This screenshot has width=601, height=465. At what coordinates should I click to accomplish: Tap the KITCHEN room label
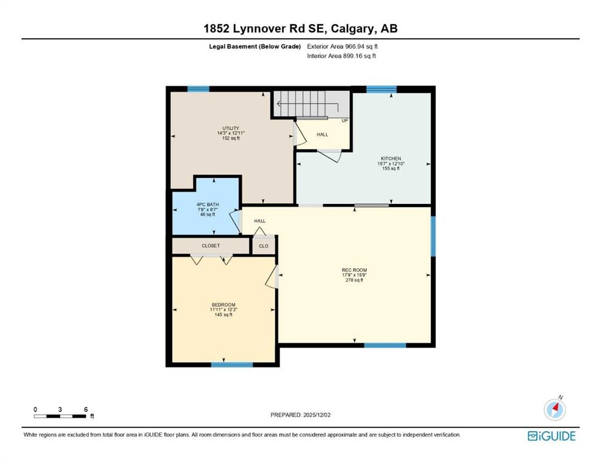(x=391, y=159)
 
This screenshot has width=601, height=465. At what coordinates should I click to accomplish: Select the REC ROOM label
(x=354, y=270)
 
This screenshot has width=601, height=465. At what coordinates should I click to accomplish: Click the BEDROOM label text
(x=223, y=305)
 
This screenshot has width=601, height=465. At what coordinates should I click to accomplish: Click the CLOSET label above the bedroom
(x=211, y=246)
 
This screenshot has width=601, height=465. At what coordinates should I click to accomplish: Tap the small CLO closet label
(x=264, y=246)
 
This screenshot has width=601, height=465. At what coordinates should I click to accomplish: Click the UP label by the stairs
(x=345, y=120)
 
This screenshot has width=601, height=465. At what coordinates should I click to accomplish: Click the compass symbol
(x=554, y=410)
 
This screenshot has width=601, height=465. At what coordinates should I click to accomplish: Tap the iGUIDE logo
(x=551, y=436)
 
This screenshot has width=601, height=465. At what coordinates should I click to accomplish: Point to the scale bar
(x=60, y=416)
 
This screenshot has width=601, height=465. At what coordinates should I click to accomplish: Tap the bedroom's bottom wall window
(x=232, y=364)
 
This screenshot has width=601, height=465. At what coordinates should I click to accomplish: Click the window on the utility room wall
(x=198, y=89)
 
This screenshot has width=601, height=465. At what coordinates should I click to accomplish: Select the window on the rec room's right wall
(x=433, y=236)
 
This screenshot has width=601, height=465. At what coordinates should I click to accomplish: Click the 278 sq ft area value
(x=354, y=280)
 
